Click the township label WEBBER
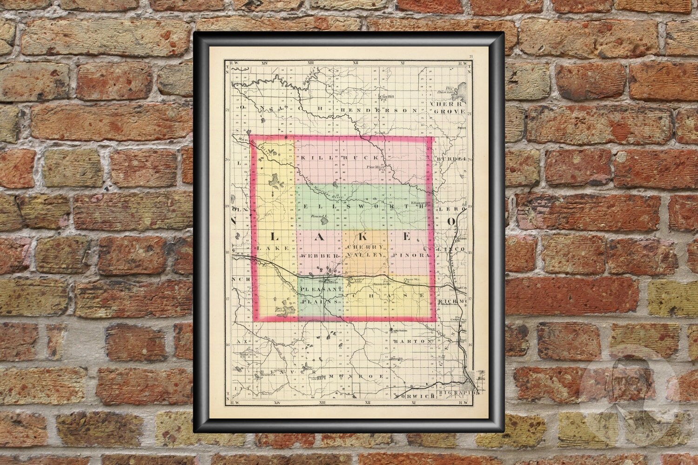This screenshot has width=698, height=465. pyautogui.click(x=318, y=256)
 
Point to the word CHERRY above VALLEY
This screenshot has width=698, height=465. pyautogui.click(x=366, y=246)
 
